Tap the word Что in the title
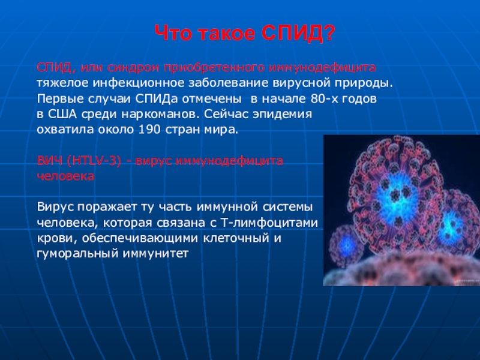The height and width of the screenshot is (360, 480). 173,33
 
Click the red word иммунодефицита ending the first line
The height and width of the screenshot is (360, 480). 322,67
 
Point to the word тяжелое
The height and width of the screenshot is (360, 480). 63,83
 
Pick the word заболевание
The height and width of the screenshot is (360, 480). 228,83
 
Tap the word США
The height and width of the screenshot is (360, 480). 62,114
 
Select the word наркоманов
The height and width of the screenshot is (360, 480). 158,114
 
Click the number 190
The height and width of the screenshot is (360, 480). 149,130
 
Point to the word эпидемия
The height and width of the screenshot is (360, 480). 282,114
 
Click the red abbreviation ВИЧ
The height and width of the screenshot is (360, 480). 49,161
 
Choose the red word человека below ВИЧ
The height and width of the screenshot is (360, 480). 65,176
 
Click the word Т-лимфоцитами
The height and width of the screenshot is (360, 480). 269,223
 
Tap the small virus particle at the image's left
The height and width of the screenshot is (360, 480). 346,245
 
